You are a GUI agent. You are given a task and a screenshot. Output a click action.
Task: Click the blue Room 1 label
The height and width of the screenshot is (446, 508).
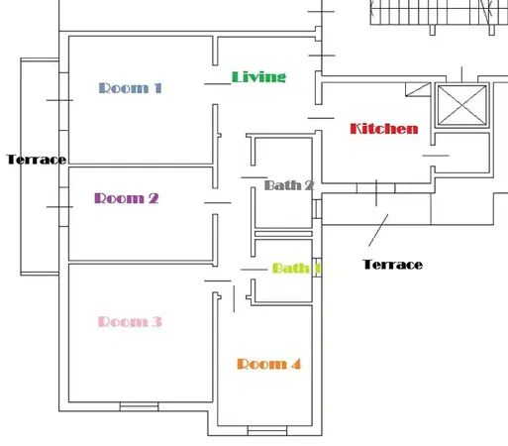131,87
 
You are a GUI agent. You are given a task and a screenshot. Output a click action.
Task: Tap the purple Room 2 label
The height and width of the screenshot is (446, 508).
127,198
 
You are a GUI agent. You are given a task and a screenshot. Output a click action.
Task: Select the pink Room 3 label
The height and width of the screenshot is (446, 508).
131,321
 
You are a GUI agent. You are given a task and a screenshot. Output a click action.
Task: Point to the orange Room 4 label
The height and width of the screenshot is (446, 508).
268,364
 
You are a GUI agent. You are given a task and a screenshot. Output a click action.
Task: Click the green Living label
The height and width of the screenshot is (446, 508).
258,76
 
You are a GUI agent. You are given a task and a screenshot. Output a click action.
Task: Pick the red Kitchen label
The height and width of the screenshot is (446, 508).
384,129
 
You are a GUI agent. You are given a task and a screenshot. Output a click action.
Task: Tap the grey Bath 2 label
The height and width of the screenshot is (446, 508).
289,185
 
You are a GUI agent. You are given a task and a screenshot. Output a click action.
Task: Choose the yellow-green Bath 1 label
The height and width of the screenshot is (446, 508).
295,268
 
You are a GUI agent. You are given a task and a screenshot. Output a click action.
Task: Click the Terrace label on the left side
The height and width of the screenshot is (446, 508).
36,160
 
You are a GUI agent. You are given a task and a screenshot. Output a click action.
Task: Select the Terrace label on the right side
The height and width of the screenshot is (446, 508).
393,265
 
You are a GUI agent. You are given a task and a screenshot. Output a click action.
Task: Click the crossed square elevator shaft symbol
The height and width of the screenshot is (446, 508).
463,105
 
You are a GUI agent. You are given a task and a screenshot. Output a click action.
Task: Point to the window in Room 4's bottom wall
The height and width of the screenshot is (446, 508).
266,430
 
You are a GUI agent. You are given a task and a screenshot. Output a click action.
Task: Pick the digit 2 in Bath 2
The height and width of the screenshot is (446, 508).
309,185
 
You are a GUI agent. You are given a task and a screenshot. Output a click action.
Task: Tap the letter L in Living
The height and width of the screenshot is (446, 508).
237,76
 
